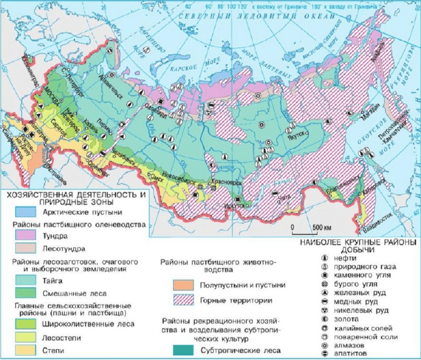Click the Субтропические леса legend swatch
coord(183,350)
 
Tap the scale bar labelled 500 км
coord(303,233)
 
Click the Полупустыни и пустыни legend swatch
coord(183,285)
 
